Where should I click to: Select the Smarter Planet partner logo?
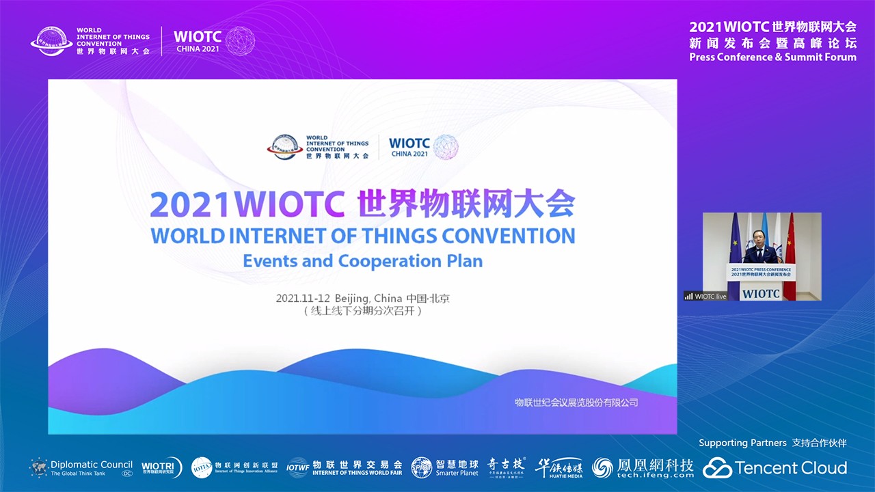(445, 468)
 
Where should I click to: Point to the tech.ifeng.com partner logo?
(643, 468)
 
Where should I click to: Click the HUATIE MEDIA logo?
(558, 468)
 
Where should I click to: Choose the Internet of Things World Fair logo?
(345, 467)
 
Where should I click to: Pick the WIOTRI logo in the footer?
(161, 467)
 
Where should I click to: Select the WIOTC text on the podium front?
(761, 294)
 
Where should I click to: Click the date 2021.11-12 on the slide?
(304, 299)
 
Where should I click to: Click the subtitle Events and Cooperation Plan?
(362, 261)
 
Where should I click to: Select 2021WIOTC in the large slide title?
(247, 204)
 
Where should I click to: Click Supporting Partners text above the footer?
(742, 443)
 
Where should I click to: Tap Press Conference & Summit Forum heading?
(772, 57)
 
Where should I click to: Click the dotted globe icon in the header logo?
(240, 41)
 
